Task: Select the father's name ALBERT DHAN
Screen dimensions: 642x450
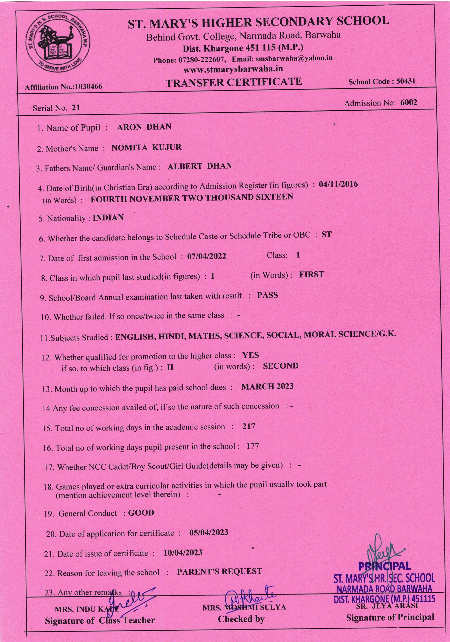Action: click(x=200, y=166)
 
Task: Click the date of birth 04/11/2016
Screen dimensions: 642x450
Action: click(x=338, y=184)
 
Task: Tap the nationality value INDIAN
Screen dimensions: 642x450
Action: click(x=108, y=218)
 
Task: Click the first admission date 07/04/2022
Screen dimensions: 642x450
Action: click(x=206, y=256)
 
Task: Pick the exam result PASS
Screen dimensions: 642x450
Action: click(x=267, y=295)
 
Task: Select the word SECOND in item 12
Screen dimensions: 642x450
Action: click(x=281, y=366)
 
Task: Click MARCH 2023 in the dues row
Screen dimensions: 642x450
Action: click(x=267, y=386)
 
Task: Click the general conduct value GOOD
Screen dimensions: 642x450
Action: click(x=141, y=513)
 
